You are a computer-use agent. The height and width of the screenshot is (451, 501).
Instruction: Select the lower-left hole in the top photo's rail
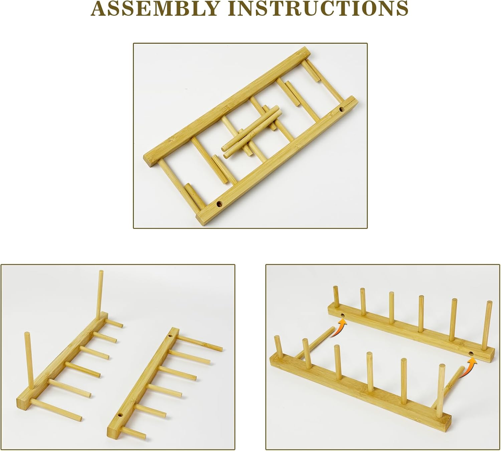219,204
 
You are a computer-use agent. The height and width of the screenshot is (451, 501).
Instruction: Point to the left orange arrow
339,329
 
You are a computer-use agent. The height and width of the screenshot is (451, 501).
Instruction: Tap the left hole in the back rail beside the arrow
342,316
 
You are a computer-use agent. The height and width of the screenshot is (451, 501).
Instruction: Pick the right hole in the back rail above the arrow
471,354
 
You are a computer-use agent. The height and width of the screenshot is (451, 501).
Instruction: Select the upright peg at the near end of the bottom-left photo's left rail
28,355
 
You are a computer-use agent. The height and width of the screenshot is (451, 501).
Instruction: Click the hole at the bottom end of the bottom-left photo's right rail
121,416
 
